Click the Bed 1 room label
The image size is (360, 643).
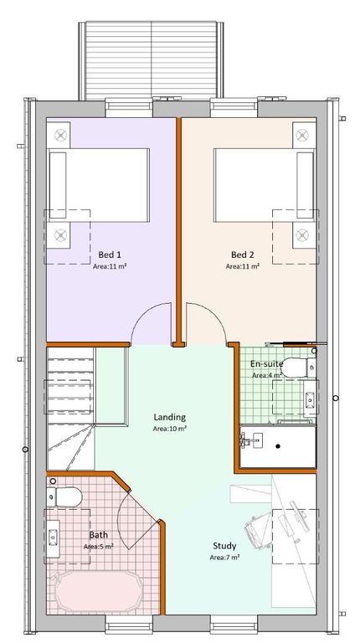[x=110, y=255]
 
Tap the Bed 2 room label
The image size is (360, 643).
[x=243, y=255]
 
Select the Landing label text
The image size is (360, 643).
[x=170, y=418]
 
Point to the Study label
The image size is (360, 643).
[x=224, y=546]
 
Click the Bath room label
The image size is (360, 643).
[x=99, y=535]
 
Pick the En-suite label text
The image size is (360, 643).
[x=267, y=363]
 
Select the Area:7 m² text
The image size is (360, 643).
[x=224, y=558]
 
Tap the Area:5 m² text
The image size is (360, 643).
[x=99, y=546]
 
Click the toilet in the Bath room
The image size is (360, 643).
[x=64, y=496]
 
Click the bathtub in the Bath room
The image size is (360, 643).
[x=97, y=591]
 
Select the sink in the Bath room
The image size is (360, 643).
[x=53, y=537]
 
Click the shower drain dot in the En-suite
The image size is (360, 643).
[x=279, y=446]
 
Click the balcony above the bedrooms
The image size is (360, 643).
[x=152, y=59]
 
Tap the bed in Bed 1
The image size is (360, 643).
[x=99, y=185]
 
